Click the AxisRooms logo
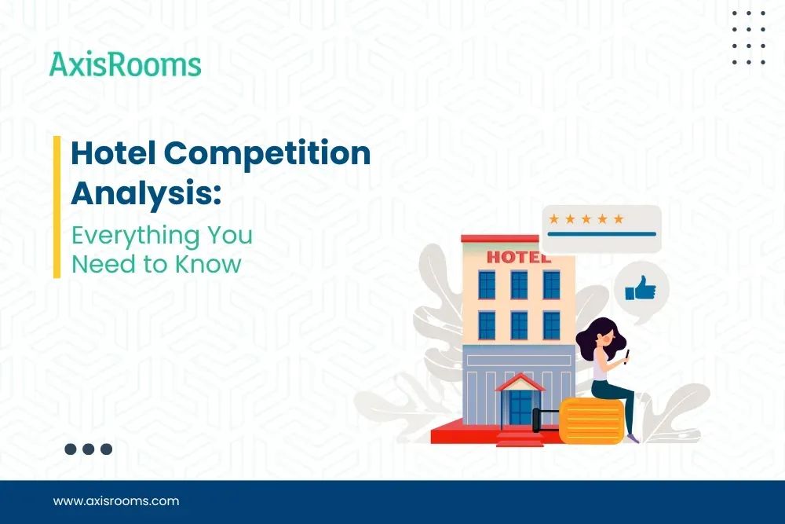(126, 64)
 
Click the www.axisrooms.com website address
(116, 500)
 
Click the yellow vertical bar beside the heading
(57, 207)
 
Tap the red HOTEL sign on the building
(513, 257)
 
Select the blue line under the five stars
(601, 234)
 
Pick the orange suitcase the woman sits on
(591, 421)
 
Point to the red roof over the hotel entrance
(520, 381)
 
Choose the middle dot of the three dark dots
(89, 449)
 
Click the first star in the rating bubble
(553, 218)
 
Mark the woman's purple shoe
(633, 438)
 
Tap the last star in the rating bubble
(619, 218)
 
